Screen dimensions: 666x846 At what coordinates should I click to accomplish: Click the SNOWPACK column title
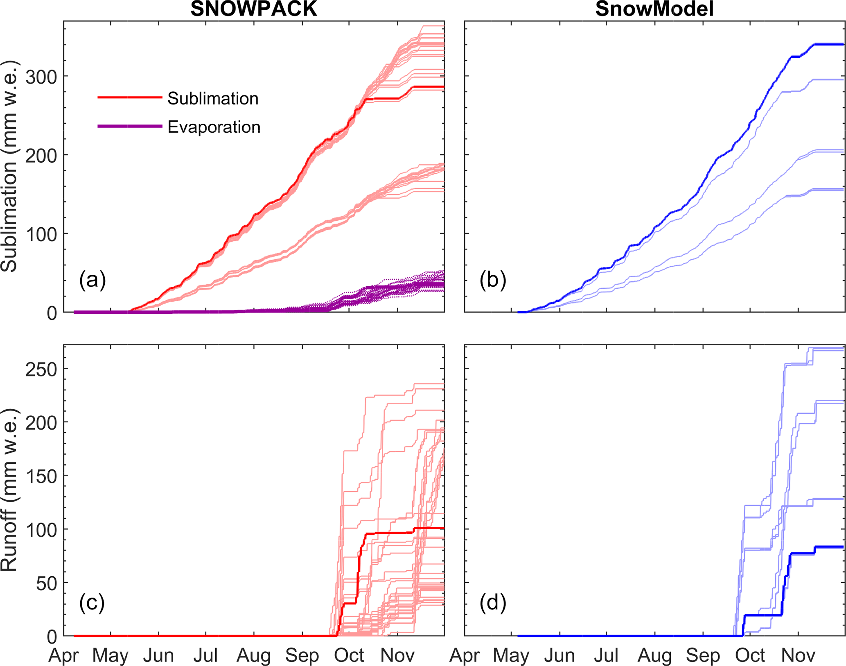click(254, 9)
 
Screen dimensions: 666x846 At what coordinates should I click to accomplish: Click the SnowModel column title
click(654, 9)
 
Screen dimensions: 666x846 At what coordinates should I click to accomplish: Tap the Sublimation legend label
click(213, 99)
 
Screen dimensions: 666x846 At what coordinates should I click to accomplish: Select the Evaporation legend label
click(214, 127)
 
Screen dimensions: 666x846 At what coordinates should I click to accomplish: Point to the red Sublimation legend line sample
click(130, 97)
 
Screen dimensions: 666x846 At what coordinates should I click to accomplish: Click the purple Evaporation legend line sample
click(130, 126)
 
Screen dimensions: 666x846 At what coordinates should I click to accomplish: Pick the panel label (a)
click(92, 280)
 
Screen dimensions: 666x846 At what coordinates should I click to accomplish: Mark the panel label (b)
click(493, 280)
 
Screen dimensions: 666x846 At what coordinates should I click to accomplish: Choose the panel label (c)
click(92, 603)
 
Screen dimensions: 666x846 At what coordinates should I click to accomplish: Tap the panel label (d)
click(493, 603)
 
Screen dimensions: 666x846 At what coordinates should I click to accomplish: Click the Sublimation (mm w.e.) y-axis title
click(9, 166)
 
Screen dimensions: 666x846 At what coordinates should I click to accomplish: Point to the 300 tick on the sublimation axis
click(41, 77)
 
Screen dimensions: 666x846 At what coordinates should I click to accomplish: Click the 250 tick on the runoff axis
click(41, 369)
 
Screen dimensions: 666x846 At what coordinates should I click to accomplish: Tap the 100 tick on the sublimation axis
click(41, 234)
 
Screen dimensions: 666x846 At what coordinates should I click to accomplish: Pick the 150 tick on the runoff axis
click(41, 476)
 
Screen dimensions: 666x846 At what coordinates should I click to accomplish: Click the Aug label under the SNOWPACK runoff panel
click(254, 655)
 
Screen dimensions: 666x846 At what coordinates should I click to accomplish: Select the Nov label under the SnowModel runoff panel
click(798, 655)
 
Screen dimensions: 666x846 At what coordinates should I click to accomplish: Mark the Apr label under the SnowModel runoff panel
click(465, 655)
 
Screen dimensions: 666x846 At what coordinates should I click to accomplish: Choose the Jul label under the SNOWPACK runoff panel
click(205, 655)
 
